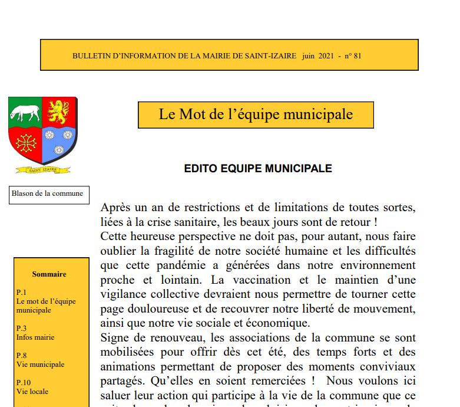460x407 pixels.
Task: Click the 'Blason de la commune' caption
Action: tap(47, 193)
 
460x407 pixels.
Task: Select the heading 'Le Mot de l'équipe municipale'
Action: tap(256, 114)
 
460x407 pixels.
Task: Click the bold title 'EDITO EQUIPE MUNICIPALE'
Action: tap(258, 169)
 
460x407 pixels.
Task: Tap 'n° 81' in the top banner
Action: tap(353, 55)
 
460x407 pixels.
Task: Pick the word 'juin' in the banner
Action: tap(308, 55)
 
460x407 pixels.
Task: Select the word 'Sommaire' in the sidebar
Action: tap(49, 274)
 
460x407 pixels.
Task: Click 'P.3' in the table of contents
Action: tap(22, 328)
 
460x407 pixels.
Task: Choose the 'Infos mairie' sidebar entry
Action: tap(35, 337)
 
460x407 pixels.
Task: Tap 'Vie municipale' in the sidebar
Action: tap(41, 365)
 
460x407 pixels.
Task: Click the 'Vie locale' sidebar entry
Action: tap(32, 391)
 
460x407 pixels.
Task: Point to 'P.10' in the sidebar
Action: tap(24, 382)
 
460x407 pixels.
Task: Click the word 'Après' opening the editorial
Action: tap(117, 208)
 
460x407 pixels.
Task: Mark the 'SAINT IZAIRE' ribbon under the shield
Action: tap(42, 170)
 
